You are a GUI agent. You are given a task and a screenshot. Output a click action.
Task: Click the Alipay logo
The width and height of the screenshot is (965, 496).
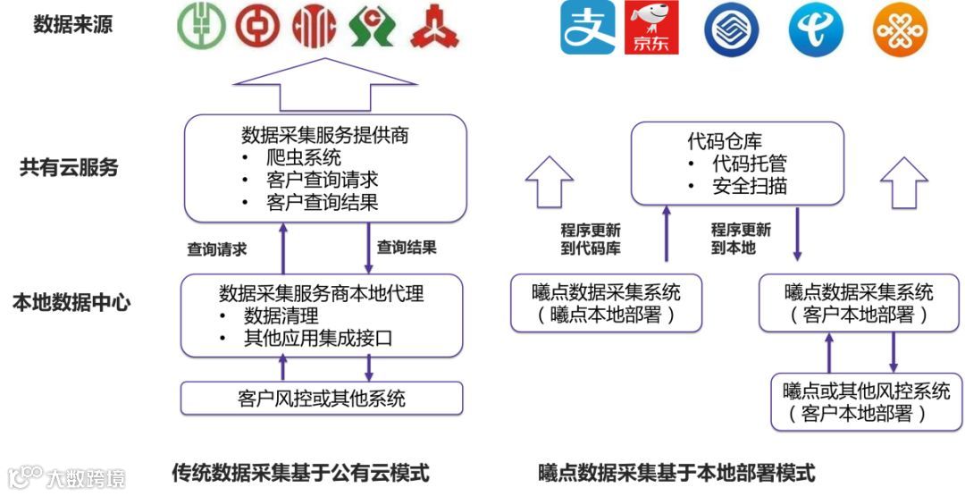[588, 27]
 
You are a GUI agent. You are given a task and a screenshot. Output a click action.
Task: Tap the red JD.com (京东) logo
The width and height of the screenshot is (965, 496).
[652, 27]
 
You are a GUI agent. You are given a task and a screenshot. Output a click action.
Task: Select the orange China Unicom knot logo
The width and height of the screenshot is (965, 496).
[899, 29]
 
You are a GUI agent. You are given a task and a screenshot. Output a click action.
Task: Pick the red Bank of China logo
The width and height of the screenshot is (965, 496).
[258, 27]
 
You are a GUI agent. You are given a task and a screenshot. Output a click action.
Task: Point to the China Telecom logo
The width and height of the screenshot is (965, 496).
[815, 29]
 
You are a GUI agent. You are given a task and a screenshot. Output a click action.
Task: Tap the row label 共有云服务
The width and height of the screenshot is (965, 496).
[69, 167]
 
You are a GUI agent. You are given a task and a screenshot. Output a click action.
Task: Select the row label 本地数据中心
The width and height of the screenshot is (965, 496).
[71, 302]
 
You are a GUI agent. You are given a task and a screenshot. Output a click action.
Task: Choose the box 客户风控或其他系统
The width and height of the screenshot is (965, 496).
[322, 398]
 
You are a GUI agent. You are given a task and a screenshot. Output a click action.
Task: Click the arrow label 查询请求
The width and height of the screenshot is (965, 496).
[216, 249]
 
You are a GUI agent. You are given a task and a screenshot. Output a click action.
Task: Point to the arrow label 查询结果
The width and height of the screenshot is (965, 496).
[407, 247]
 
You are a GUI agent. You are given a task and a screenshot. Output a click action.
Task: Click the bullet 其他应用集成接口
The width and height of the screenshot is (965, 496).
[318, 339]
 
